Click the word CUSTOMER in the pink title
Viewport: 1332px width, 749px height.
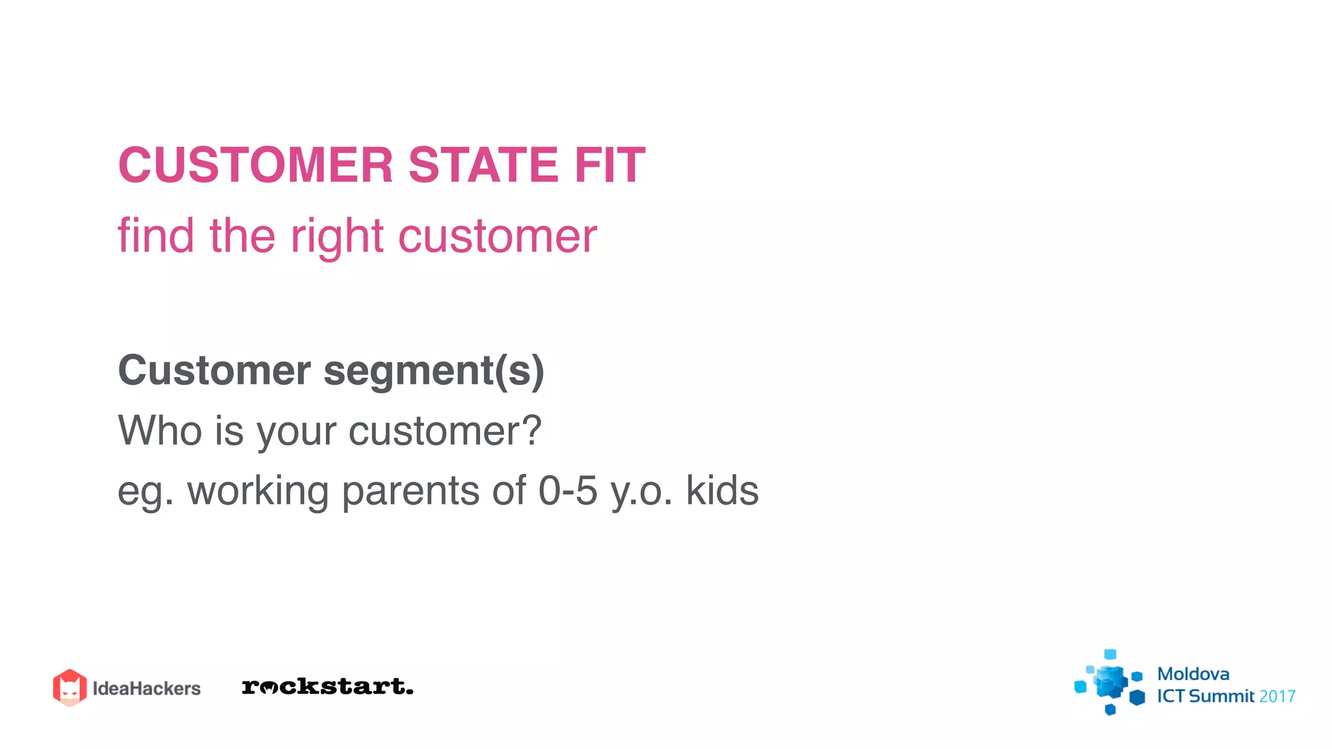coord(256,165)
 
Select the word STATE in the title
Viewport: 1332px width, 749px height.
coord(483,165)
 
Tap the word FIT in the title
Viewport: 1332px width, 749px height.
coord(609,165)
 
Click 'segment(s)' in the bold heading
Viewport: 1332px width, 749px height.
coord(434,371)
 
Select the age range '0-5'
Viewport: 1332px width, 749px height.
coord(567,490)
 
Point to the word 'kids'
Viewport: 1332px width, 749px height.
coord(722,490)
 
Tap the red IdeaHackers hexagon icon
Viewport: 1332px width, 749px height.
coord(70,687)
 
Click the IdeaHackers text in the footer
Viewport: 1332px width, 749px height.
coord(146,689)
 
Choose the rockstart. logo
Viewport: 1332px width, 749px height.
coord(327,687)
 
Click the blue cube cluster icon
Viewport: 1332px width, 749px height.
coord(1110,683)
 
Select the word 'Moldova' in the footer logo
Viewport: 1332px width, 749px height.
coord(1193,674)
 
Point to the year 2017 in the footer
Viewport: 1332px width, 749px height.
coord(1277,696)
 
